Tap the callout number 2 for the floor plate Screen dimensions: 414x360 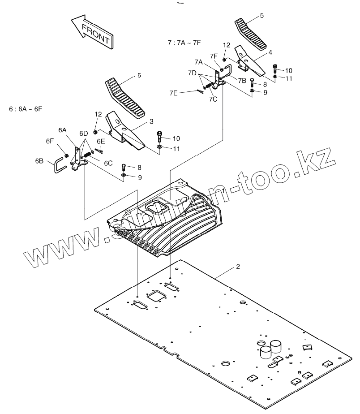(238, 267)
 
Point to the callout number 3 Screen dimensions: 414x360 (151, 121)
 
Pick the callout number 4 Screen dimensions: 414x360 (270, 52)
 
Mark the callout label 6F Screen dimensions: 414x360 (50, 140)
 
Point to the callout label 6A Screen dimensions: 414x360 (62, 130)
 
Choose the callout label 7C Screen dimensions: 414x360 (213, 99)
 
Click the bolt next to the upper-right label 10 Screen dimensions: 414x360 (275, 69)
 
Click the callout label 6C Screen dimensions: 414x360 (108, 163)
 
